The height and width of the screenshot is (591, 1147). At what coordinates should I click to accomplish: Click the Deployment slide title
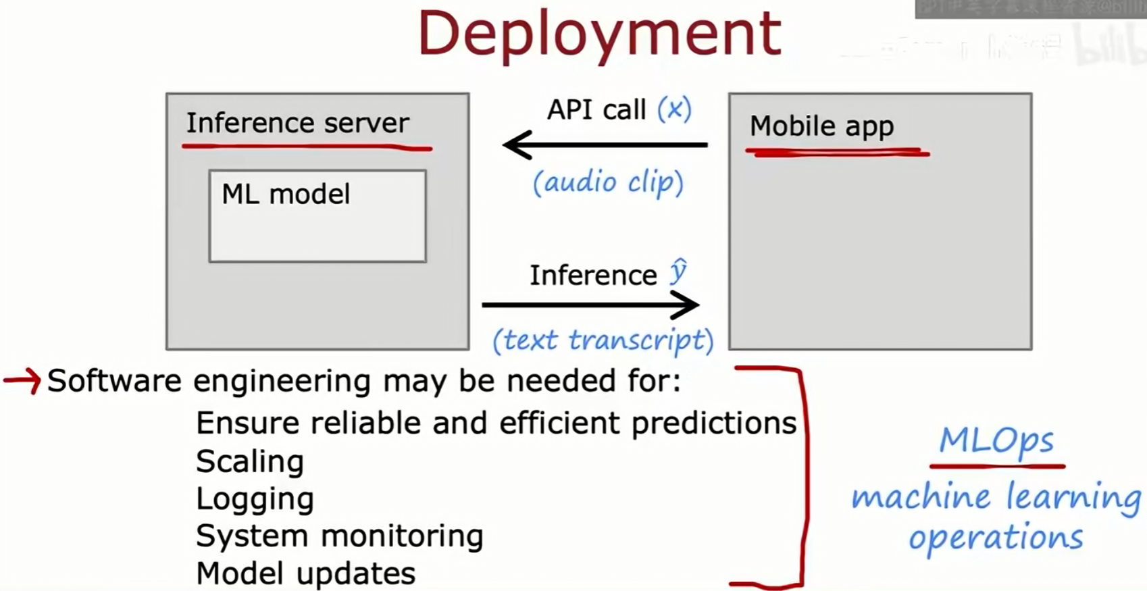click(x=599, y=34)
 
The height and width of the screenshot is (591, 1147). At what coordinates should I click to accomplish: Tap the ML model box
click(x=317, y=216)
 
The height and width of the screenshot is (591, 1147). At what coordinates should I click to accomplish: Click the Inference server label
click(x=297, y=124)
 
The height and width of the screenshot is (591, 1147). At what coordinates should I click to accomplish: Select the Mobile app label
click(x=821, y=126)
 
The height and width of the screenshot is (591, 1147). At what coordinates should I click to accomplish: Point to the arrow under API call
click(x=605, y=145)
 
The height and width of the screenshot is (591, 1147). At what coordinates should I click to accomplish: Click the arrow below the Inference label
click(x=590, y=305)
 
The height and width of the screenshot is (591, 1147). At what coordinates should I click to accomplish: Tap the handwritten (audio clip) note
click(x=608, y=182)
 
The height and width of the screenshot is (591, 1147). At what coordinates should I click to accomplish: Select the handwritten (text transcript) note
click(x=603, y=340)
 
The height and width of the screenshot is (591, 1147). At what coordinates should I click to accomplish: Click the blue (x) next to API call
click(x=674, y=109)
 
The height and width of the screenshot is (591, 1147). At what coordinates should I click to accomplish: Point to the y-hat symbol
click(x=678, y=272)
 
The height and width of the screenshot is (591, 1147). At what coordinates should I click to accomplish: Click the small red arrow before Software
click(x=22, y=381)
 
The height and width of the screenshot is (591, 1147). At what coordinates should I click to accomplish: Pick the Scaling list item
click(x=249, y=462)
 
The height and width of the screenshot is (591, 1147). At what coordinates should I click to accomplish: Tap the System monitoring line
click(x=339, y=536)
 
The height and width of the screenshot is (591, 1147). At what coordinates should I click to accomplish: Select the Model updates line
click(x=305, y=573)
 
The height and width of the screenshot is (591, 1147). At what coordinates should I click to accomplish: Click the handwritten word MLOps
click(x=996, y=441)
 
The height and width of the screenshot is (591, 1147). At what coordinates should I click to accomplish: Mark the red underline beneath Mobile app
click(x=838, y=153)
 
